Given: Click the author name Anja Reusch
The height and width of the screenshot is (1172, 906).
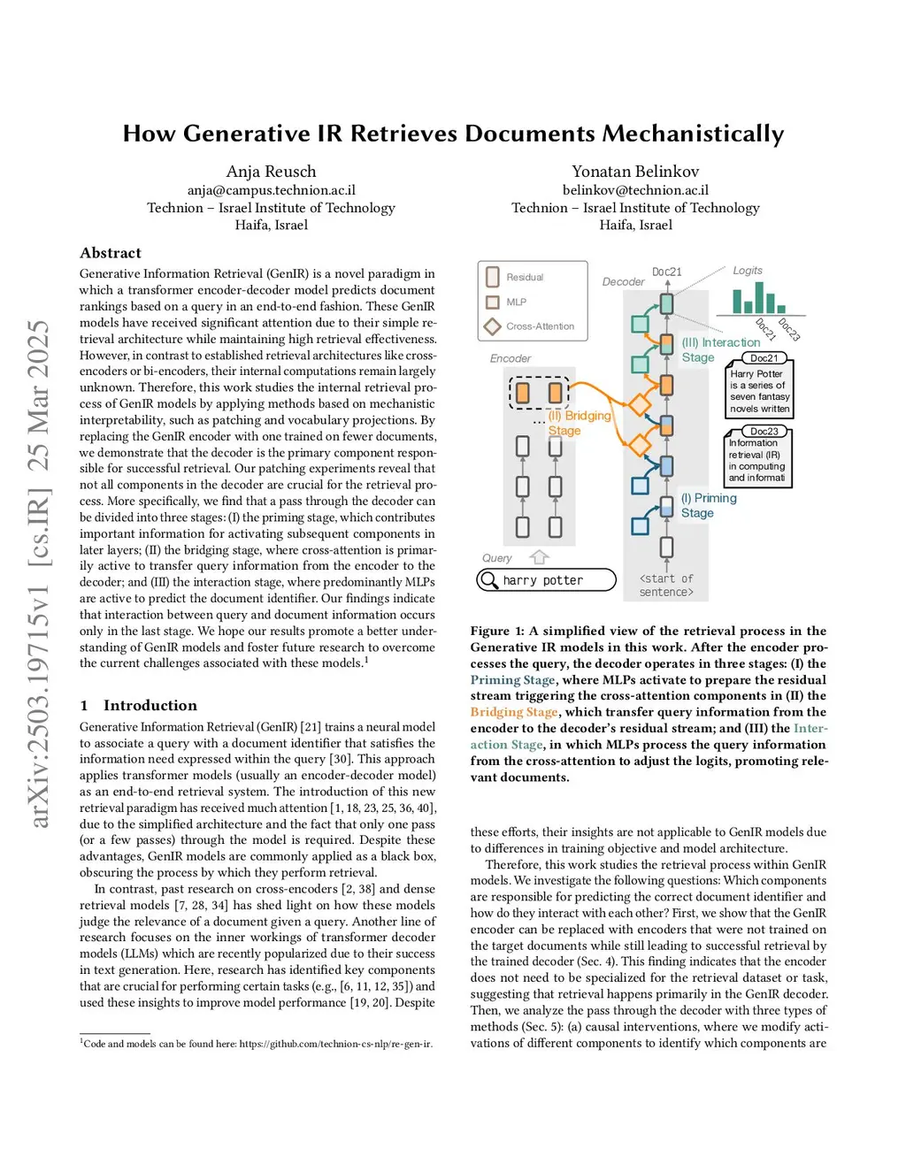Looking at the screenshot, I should click(x=271, y=172).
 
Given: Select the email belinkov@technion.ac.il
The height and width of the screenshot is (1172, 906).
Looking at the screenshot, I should click(x=635, y=190).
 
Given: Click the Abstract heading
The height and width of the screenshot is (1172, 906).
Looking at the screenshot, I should click(x=111, y=253).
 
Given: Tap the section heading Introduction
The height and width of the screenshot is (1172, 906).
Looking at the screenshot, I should click(x=150, y=705).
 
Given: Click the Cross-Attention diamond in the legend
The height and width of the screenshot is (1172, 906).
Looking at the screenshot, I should click(x=493, y=326).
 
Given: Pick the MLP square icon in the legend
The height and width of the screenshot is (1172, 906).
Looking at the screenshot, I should click(x=493, y=302).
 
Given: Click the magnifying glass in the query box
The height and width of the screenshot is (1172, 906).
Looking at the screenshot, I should click(x=488, y=580).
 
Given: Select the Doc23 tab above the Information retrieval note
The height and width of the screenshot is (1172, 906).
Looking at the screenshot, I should click(x=764, y=432).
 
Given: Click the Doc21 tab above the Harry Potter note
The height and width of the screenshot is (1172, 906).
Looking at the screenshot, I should click(x=764, y=358).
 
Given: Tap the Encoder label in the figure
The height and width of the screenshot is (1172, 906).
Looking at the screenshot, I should click(x=511, y=358).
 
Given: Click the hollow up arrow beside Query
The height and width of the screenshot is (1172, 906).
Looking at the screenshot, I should click(x=539, y=557).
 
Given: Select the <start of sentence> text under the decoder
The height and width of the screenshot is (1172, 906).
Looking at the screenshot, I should click(x=666, y=586).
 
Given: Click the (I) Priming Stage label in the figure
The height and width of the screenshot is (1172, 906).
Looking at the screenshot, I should click(x=708, y=505).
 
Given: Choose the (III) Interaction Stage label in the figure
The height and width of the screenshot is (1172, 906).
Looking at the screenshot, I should click(x=719, y=349).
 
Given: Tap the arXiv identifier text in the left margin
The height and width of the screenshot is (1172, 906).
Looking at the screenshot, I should click(x=39, y=575).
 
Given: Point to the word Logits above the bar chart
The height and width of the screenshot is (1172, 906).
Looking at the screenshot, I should click(x=748, y=271).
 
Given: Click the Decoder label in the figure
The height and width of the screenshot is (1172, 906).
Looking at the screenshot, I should click(x=623, y=282).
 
